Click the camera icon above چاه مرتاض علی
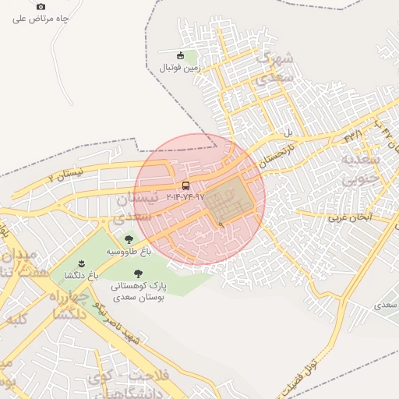(41, 6)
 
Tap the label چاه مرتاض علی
(41, 19)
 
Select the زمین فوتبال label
(181, 68)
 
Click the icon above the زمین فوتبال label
(181, 55)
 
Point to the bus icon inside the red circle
(185, 185)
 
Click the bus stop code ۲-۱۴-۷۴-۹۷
(185, 198)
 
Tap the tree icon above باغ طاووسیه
(129, 240)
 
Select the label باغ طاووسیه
(129, 253)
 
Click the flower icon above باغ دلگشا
(83, 262)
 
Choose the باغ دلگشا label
(83, 275)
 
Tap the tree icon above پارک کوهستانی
(138, 274)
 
